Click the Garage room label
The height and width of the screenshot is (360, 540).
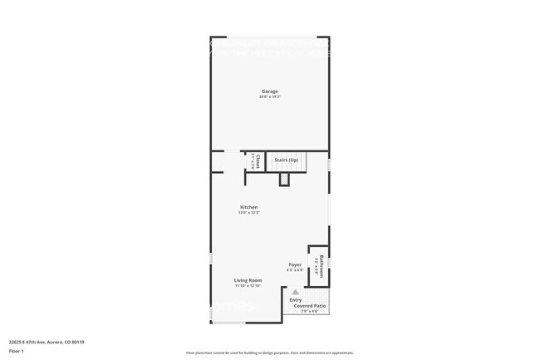point(269,91)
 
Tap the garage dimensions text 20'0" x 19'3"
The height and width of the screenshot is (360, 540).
point(269,97)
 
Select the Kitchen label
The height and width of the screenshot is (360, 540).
point(248,207)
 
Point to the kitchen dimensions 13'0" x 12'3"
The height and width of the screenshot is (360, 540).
point(248,213)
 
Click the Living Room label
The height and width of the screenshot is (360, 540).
point(248,280)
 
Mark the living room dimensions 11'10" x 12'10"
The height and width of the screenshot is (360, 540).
point(248,286)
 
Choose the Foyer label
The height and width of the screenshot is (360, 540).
point(294,264)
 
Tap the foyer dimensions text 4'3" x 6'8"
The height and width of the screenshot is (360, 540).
point(294,270)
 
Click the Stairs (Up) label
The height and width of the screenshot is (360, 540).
point(287,160)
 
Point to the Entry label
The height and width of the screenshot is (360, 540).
point(295,299)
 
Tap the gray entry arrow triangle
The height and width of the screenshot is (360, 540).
point(294,292)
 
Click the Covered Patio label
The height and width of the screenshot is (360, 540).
point(310,306)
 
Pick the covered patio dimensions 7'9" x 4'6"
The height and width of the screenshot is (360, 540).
point(310,312)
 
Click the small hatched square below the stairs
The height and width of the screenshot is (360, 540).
point(284,179)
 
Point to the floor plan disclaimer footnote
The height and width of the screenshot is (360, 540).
point(269,353)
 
